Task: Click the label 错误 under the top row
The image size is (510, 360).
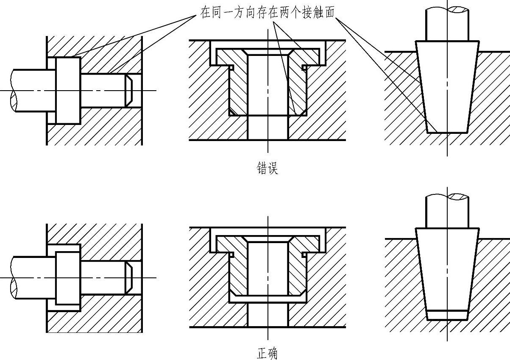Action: (268, 168)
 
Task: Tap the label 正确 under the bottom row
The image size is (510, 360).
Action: (268, 353)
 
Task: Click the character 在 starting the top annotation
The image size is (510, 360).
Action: (206, 12)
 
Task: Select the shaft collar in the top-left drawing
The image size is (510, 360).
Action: (68, 90)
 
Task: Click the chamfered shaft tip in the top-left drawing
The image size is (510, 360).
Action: (129, 90)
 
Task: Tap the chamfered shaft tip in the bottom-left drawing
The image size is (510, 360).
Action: (129, 278)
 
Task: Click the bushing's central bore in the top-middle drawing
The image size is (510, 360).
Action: (268, 85)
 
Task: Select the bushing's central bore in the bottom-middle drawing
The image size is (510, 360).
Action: (268, 267)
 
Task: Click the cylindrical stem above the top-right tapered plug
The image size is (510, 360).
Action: (447, 23)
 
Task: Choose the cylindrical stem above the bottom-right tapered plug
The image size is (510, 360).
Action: (447, 212)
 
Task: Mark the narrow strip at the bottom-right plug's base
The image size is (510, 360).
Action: (447, 315)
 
